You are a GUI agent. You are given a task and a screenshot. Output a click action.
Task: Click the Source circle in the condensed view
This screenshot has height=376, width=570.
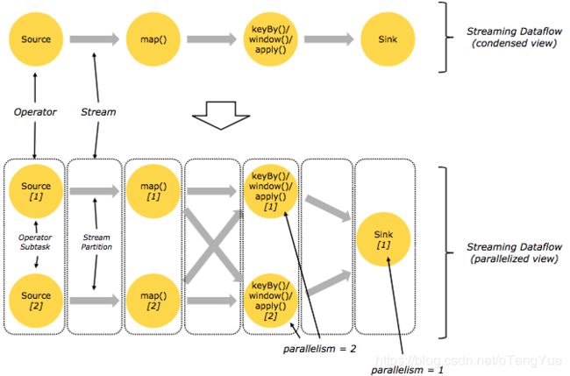coord(36,39)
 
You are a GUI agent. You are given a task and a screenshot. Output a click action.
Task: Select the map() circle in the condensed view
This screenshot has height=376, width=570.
coord(153,39)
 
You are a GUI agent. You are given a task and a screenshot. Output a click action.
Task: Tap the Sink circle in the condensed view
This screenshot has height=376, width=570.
coord(388,39)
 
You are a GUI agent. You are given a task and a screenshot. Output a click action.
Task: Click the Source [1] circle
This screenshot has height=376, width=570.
coord(36,191)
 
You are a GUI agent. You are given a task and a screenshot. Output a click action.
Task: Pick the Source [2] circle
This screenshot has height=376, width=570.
coord(36,301)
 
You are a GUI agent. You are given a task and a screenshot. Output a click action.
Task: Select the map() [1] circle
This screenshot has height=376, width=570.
coord(153,191)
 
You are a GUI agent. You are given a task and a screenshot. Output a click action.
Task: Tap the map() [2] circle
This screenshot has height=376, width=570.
coord(153,301)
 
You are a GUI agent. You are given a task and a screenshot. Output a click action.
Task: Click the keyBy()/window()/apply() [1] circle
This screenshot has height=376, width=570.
coord(270,191)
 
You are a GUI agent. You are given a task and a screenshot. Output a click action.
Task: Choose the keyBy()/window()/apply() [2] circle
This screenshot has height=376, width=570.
coord(270,301)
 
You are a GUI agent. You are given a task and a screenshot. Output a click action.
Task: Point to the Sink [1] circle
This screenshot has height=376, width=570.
coord(383,239)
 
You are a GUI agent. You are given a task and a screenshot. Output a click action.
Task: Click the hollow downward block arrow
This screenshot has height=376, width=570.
coord(221,116)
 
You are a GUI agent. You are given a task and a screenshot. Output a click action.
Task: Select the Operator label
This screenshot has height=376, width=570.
coord(35,112)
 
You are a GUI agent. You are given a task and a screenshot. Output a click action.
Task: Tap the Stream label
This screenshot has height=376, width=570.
coord(98,112)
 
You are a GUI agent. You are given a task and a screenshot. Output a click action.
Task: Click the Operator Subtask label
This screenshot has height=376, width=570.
coord(35,242)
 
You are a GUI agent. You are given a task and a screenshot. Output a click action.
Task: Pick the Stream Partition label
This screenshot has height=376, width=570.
coord(96,242)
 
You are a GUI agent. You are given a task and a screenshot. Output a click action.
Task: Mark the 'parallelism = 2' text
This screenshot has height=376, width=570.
coord(319,349)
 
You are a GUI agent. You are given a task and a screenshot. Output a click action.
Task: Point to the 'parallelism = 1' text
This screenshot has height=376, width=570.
coord(407,370)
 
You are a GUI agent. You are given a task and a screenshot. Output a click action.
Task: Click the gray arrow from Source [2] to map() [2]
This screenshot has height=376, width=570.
coord(95,301)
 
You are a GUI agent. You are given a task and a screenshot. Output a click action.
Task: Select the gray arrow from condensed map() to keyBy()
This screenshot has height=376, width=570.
coord(211,39)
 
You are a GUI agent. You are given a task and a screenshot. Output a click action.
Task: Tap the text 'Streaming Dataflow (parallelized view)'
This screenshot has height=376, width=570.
coord(514,252)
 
